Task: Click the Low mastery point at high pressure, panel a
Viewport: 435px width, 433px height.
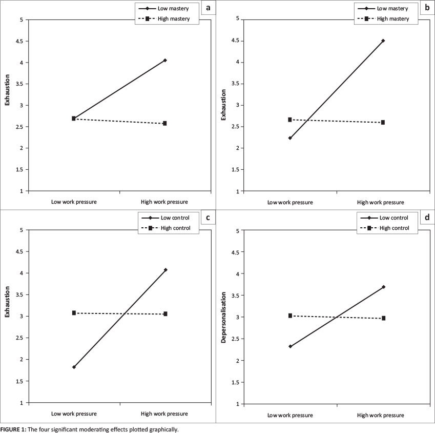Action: [x=165, y=61]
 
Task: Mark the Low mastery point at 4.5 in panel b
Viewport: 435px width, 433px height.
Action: [x=383, y=41]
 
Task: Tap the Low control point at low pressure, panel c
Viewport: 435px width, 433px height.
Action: [x=74, y=367]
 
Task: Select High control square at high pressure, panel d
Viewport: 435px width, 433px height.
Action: [x=383, y=318]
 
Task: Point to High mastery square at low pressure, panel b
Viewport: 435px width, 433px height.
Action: [x=290, y=120]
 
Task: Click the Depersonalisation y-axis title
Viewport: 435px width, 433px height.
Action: [x=224, y=317]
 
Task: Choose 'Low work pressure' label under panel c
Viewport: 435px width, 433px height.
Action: [x=74, y=414]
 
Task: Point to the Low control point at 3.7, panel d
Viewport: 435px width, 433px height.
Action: [x=383, y=287]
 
